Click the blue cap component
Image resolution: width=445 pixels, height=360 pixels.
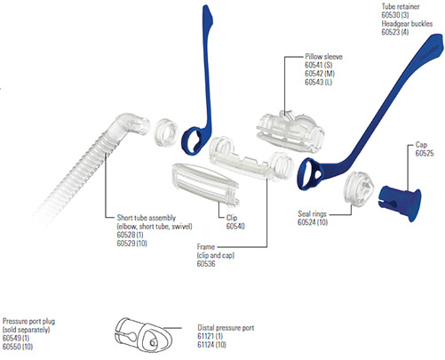(x=400, y=202)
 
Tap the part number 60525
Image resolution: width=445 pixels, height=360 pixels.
(x=425, y=153)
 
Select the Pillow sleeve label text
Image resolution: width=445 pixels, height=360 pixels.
(x=323, y=57)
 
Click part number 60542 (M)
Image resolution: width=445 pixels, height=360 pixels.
(x=320, y=74)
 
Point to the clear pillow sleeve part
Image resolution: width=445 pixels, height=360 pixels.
(x=290, y=131)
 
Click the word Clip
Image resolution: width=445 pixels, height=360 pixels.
(x=232, y=218)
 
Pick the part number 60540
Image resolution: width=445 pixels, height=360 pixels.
(x=235, y=227)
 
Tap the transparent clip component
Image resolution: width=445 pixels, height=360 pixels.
(x=205, y=184)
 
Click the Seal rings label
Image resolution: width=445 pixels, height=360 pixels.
(x=312, y=214)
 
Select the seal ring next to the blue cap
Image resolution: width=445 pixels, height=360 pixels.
(x=359, y=188)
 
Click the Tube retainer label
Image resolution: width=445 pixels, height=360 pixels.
(x=401, y=6)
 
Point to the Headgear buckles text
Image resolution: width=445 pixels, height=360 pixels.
(x=407, y=24)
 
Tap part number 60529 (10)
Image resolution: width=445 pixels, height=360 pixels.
(x=132, y=244)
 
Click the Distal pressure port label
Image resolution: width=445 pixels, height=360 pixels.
(x=226, y=328)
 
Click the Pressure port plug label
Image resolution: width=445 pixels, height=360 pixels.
(x=28, y=321)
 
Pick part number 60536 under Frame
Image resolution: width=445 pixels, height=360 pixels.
(x=206, y=264)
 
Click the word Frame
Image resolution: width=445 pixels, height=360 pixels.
(x=206, y=247)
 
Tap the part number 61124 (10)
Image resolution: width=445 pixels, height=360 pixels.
(x=211, y=345)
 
